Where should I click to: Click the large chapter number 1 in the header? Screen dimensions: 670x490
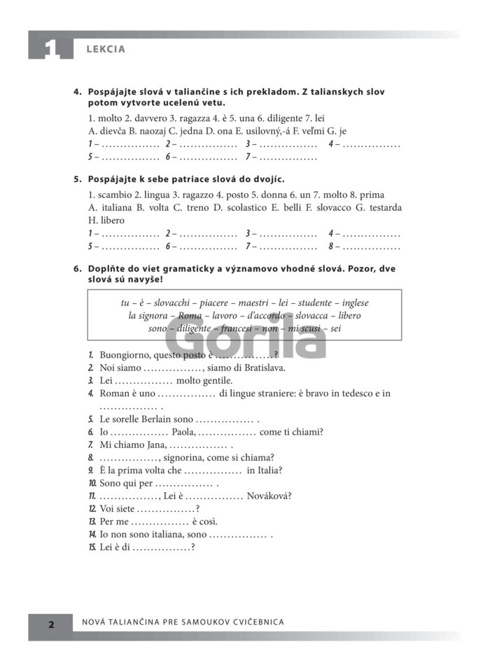pos(50,48)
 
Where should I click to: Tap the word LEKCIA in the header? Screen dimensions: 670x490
pos(106,49)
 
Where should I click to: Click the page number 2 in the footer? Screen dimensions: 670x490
pos(50,622)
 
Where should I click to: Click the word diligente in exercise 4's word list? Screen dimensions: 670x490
pos(281,117)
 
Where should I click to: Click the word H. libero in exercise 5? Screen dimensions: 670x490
pos(106,221)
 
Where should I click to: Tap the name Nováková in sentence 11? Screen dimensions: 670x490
pos(267,496)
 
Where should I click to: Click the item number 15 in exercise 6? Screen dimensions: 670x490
pos(92,547)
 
